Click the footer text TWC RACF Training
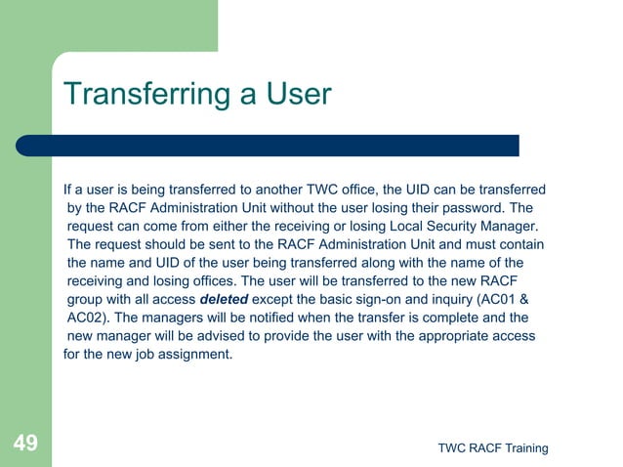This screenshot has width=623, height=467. (x=492, y=448)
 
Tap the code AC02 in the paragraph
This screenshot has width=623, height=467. (x=88, y=318)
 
